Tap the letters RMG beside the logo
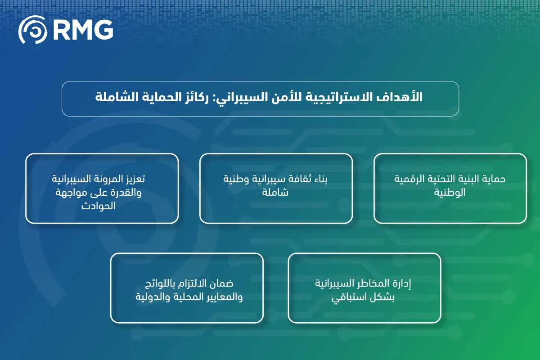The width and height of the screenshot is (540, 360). pyautogui.click(x=83, y=31)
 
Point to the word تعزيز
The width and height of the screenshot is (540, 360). pyautogui.click(x=131, y=179)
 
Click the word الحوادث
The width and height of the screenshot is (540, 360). pyautogui.click(x=98, y=206)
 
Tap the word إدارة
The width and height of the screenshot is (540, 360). pyautogui.click(x=402, y=284)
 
